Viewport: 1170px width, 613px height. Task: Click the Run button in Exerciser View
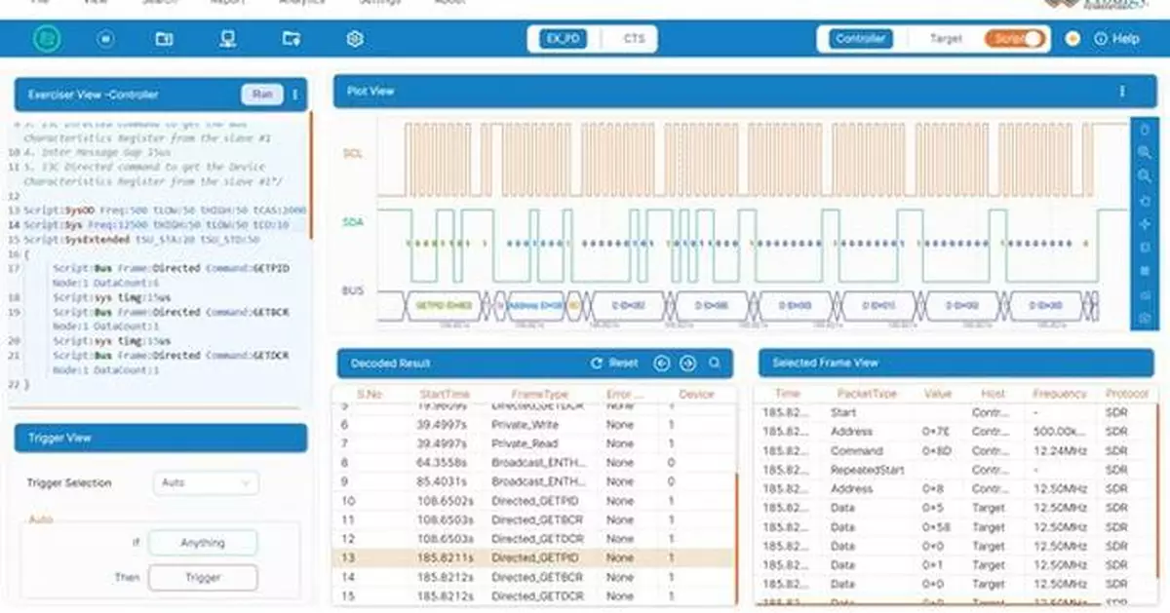[x=261, y=95]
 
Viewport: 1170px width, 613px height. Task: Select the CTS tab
[x=633, y=39]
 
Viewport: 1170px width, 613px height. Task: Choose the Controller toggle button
[x=860, y=39]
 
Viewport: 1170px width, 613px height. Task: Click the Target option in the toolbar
[x=945, y=39]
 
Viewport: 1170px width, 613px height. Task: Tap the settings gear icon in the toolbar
[x=355, y=39]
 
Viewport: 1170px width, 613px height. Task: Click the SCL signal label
[x=353, y=154]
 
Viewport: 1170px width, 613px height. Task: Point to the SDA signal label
[x=353, y=222]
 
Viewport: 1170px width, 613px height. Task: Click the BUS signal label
[x=353, y=290]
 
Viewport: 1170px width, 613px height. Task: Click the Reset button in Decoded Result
[x=614, y=364]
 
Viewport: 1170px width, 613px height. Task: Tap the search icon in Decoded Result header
[x=715, y=364]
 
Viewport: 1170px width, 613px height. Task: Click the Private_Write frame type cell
[x=526, y=425]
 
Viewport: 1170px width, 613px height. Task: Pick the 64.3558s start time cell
[x=444, y=463]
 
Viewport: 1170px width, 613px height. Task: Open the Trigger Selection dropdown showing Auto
[x=206, y=482]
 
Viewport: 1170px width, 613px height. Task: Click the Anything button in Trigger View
[x=203, y=543]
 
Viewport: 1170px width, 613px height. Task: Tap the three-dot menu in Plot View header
[x=1121, y=92]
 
